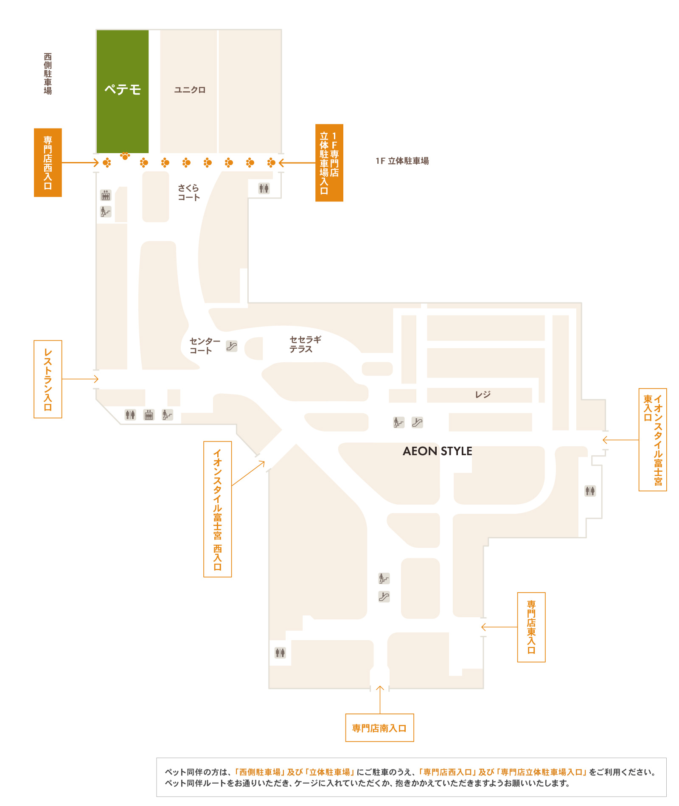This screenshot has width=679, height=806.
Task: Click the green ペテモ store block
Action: [123, 91]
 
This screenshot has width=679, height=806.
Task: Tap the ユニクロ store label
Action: [190, 90]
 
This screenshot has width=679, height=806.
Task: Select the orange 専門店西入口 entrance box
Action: [48, 162]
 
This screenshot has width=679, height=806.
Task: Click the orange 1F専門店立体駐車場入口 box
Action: [329, 163]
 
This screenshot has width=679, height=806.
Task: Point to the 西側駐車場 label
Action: [48, 74]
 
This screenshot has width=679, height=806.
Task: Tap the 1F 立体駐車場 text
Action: [402, 161]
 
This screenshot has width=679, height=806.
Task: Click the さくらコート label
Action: [188, 193]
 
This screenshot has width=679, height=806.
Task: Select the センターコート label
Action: [205, 346]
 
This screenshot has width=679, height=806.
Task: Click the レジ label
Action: [483, 395]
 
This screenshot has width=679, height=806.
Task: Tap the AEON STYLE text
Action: [438, 451]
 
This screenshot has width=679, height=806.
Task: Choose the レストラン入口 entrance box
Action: [48, 379]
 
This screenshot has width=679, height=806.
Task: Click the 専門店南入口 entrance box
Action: [380, 728]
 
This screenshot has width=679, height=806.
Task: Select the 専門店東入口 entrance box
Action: [531, 627]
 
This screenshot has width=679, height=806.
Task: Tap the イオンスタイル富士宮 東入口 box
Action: [653, 440]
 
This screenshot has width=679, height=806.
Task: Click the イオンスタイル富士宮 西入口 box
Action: [218, 509]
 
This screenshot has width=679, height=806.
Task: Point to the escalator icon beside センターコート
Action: [231, 346]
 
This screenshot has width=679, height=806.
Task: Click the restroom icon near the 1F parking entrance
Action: [264, 188]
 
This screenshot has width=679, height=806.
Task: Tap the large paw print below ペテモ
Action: [125, 156]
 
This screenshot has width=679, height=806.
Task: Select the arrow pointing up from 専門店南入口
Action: [380, 700]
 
